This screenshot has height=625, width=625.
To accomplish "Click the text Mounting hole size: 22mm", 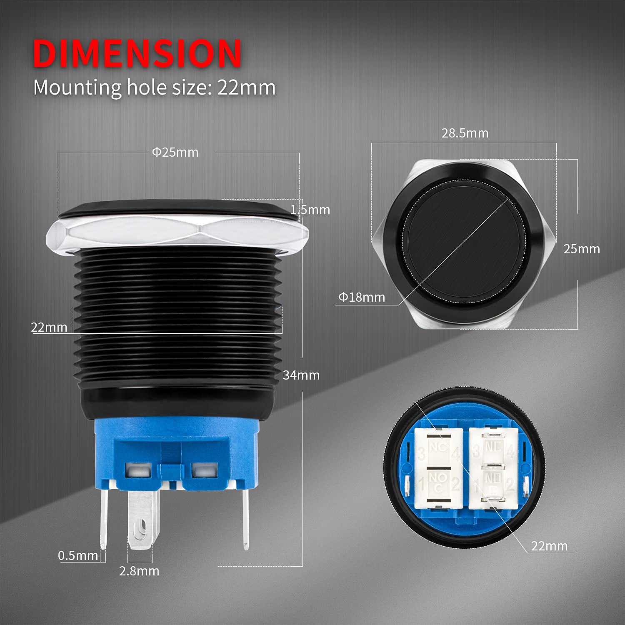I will [154, 88].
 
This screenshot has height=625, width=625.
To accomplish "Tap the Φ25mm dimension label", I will [175, 152].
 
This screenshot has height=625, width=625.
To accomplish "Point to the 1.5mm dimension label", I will [310, 210].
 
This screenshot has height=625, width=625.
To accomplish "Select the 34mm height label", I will [301, 375].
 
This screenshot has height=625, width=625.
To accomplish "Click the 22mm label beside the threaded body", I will [49, 327].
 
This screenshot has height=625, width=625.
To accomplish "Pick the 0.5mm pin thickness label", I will [78, 555].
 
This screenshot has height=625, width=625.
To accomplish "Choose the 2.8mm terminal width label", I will [139, 571].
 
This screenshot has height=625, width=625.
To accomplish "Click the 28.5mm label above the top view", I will [465, 133].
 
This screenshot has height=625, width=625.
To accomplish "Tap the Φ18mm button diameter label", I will [362, 297].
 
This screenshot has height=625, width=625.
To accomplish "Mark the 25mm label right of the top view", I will [582, 249].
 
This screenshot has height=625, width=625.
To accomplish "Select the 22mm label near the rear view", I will [549, 546].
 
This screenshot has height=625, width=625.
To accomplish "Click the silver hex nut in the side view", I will [177, 233].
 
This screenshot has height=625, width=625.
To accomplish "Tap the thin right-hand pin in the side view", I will [246, 519].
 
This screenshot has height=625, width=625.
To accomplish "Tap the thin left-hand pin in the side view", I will [103, 519].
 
